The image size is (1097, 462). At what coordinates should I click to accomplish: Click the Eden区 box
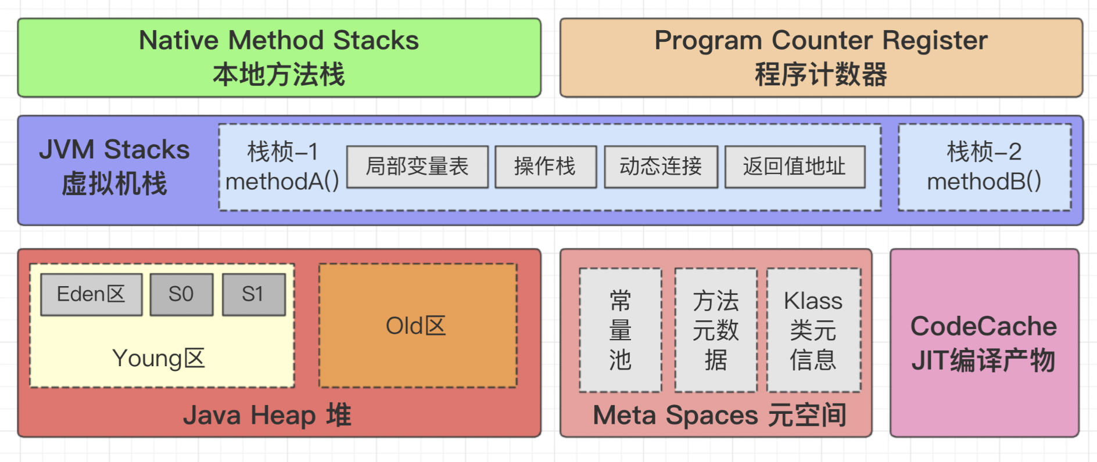tap(91, 294)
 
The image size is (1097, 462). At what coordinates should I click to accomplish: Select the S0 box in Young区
tap(181, 294)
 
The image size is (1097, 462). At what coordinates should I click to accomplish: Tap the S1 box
tap(253, 294)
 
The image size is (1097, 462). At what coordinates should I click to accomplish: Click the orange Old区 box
tap(417, 326)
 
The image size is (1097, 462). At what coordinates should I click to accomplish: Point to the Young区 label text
tap(159, 359)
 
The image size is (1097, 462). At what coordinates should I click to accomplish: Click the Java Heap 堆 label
tap(267, 416)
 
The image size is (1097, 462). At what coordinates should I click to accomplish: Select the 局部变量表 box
tap(417, 167)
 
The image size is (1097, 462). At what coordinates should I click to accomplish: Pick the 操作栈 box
tap(545, 167)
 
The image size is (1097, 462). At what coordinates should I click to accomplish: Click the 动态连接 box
tap(661, 167)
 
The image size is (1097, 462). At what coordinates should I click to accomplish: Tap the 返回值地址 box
tap(794, 167)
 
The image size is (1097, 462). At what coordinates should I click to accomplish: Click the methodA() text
tap(282, 182)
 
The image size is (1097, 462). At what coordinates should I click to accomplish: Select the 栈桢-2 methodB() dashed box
tap(984, 167)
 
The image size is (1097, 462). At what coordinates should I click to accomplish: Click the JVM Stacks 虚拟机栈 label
tap(114, 167)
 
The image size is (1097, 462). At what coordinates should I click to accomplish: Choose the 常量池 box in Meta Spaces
tap(620, 330)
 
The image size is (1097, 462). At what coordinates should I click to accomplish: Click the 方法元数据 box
tap(715, 330)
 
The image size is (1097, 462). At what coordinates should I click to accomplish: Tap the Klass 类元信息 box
tap(813, 330)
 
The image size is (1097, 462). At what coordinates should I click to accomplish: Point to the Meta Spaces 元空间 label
tap(719, 416)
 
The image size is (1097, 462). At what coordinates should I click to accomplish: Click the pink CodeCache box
tap(984, 342)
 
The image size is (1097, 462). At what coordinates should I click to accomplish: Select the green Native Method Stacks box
tap(279, 57)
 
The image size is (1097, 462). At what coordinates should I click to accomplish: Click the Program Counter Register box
tap(820, 57)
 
